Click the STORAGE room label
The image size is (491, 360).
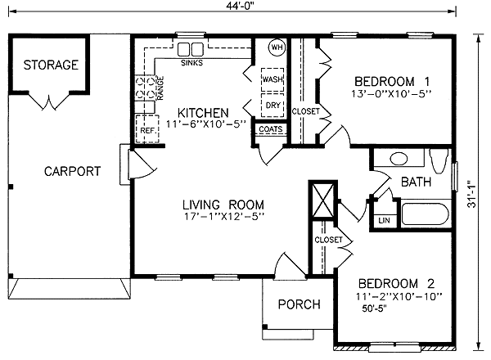51,65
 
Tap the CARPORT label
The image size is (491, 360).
72,171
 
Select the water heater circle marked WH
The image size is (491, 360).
277,47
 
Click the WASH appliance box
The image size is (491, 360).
273,79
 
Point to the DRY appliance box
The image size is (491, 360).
273,106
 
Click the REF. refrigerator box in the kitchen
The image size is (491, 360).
147,128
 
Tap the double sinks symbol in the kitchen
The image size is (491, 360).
191,49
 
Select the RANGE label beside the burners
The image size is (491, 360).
160,88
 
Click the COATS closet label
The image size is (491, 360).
271,129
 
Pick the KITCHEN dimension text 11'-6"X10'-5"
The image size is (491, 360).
205,124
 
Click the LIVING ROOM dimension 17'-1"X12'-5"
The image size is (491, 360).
224,216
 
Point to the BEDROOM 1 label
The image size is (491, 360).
392,81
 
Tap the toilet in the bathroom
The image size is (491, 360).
439,160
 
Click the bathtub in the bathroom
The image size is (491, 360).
425,214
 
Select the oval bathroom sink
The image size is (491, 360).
399,159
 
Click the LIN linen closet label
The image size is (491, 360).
385,220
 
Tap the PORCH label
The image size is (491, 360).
300,304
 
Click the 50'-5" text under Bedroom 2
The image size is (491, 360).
374,308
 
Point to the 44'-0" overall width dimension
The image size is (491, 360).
240,6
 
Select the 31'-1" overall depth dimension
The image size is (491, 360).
472,194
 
